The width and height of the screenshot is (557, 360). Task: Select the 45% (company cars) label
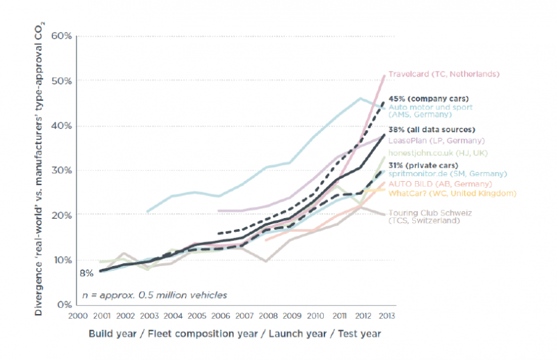428,99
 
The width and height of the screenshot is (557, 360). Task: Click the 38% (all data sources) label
432,130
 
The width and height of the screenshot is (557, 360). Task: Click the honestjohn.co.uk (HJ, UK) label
432,152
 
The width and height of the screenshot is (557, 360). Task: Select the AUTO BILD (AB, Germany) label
432,183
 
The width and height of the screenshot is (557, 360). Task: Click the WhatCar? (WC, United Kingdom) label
443,193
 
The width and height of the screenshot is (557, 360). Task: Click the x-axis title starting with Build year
235,334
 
